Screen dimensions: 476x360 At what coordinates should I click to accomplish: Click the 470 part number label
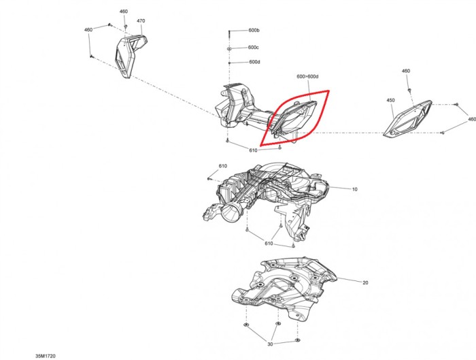pos(141,21)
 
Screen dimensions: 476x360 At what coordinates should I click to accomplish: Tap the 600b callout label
pos(254,31)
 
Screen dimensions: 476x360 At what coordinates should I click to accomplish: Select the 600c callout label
pos(253,48)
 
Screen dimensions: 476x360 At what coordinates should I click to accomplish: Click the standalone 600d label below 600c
pos(254,62)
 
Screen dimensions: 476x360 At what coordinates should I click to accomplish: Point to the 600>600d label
pos(307,76)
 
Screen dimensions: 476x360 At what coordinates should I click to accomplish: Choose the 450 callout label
pos(391,100)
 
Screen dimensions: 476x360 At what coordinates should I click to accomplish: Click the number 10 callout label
pos(354,189)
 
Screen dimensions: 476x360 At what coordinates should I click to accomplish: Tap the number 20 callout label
pos(365,282)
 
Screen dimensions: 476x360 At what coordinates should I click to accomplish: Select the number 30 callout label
pos(270,344)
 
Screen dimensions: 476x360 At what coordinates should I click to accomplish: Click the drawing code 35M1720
pos(46,356)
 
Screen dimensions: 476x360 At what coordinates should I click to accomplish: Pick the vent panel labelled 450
pos(407,119)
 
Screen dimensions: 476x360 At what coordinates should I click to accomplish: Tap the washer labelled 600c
pos(229,48)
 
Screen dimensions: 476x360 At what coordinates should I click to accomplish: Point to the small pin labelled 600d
pos(229,63)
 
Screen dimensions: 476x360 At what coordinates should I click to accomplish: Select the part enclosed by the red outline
pos(293,120)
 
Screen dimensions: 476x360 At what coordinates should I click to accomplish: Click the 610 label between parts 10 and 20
pos(269,244)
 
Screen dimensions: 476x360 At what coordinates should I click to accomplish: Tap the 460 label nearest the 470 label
pos(124,12)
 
